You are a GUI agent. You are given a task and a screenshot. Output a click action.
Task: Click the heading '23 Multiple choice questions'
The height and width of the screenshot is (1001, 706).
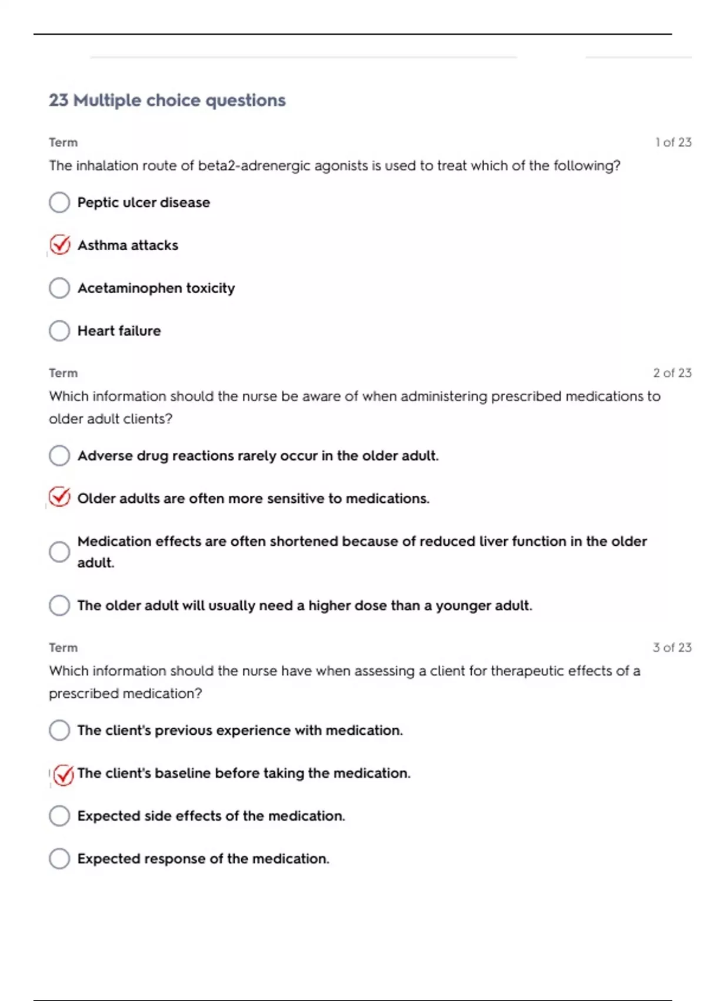pyautogui.click(x=167, y=101)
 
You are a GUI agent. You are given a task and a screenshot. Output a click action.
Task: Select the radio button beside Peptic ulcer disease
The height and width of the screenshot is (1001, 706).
pyautogui.click(x=59, y=203)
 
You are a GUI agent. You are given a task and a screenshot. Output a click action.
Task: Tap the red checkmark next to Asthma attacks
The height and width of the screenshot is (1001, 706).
pyautogui.click(x=60, y=244)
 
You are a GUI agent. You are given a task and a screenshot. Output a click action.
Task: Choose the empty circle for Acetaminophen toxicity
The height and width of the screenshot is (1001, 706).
pyautogui.click(x=59, y=288)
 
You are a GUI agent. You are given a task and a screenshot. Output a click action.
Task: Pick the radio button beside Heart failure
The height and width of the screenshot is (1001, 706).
pyautogui.click(x=59, y=331)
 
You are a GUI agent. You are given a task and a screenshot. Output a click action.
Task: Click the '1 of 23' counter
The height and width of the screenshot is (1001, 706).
pyautogui.click(x=673, y=142)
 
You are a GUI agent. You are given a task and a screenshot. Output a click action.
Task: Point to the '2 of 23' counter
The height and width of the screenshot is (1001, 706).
pyautogui.click(x=672, y=373)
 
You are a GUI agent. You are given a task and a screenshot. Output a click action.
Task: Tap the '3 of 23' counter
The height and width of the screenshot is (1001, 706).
pyautogui.click(x=672, y=648)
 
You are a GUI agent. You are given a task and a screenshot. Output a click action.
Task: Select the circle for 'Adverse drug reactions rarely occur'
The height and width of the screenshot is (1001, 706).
pyautogui.click(x=59, y=456)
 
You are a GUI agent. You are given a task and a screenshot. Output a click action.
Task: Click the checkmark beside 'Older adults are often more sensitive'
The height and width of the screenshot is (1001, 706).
pyautogui.click(x=59, y=498)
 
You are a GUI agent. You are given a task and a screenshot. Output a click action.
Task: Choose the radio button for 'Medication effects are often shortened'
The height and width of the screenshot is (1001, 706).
pyautogui.click(x=59, y=552)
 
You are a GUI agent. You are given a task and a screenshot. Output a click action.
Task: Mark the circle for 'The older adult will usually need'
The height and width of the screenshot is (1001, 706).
pyautogui.click(x=59, y=605)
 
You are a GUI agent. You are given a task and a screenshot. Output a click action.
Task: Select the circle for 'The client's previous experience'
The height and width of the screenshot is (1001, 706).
pyautogui.click(x=59, y=730)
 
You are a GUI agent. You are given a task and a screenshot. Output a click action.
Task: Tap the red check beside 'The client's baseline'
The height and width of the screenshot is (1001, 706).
pyautogui.click(x=64, y=775)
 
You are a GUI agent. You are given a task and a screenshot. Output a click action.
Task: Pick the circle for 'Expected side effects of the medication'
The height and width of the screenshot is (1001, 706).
pyautogui.click(x=59, y=816)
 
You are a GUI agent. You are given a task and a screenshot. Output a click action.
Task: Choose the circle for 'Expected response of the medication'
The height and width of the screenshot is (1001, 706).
pyautogui.click(x=59, y=859)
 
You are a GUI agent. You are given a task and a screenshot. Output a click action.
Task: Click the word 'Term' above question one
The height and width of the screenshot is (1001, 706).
pyautogui.click(x=63, y=142)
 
